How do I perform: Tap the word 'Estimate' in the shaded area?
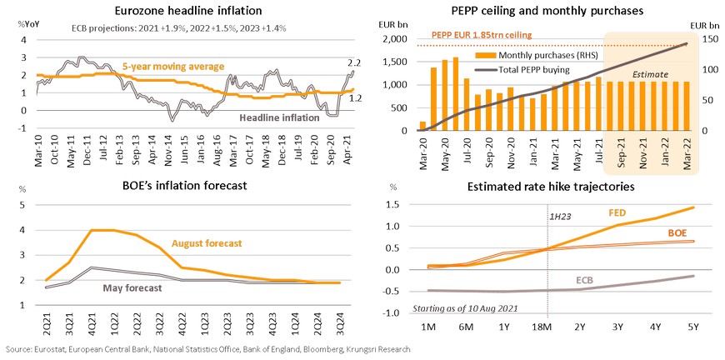[649, 74]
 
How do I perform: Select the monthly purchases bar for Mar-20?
[422, 126]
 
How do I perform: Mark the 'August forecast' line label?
[206, 242]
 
